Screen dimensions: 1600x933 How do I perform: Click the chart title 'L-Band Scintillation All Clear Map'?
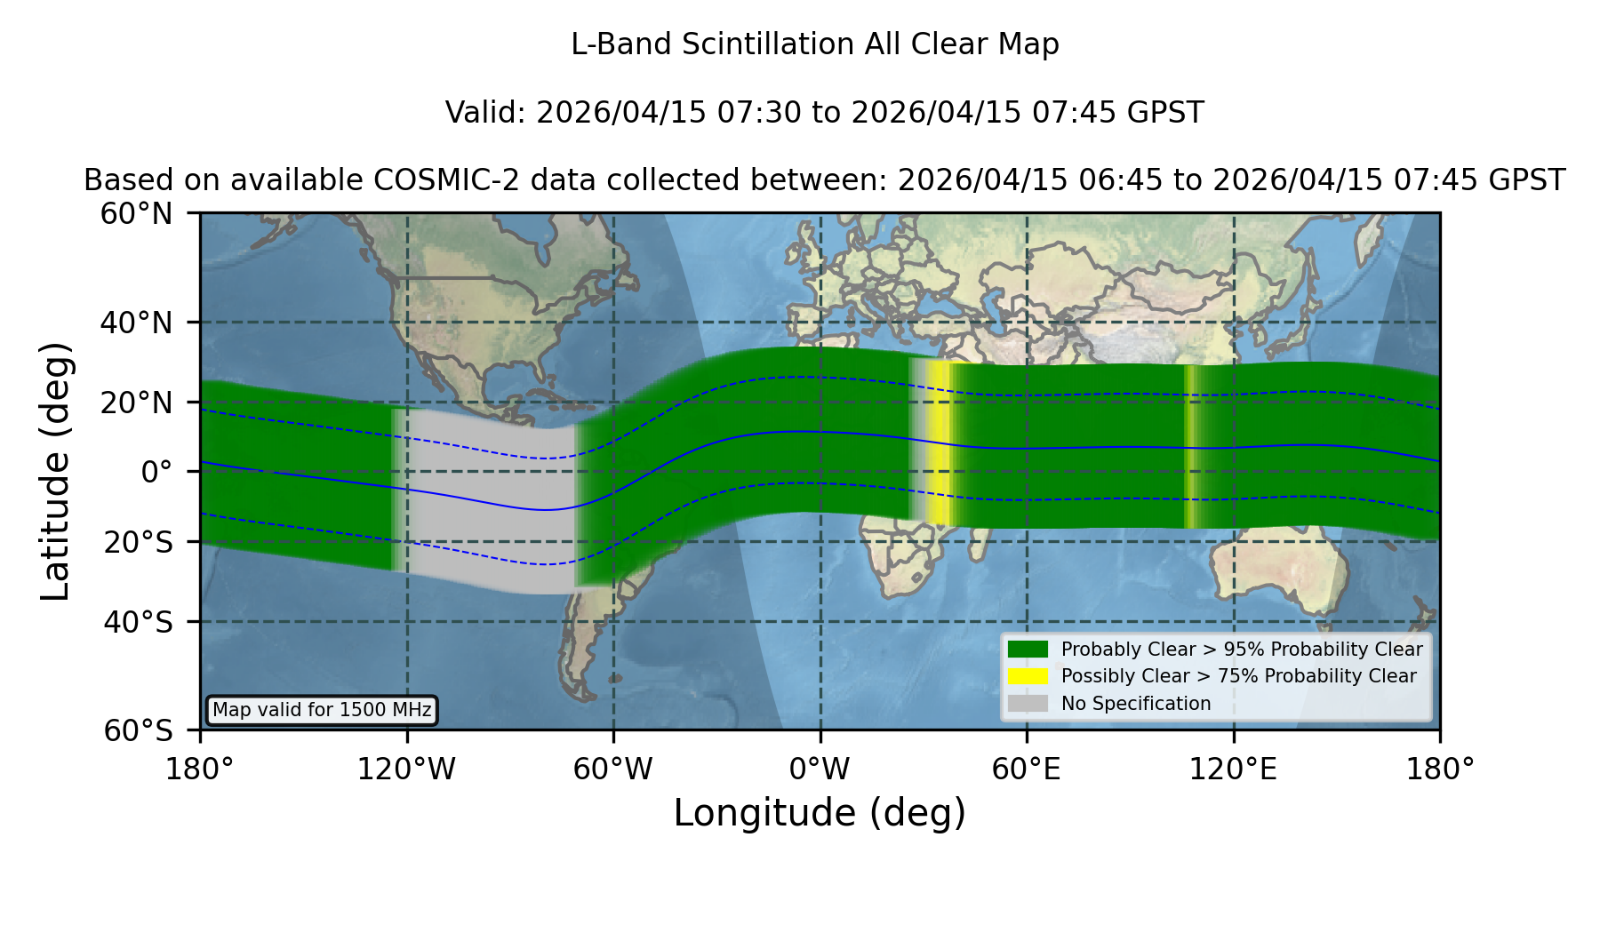(x=814, y=44)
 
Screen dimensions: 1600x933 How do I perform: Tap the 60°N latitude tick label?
(x=137, y=213)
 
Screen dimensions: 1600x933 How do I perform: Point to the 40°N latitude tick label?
(x=137, y=323)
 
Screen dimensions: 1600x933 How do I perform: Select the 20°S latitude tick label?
(x=139, y=542)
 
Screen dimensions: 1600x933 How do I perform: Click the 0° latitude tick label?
(x=157, y=472)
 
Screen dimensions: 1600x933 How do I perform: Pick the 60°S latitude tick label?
(x=139, y=730)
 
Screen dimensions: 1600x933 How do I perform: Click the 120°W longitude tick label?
(x=406, y=769)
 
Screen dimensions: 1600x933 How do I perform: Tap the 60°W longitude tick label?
(x=613, y=769)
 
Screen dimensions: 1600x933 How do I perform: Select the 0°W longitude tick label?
(x=820, y=769)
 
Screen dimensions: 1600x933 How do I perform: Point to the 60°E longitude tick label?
(x=1027, y=769)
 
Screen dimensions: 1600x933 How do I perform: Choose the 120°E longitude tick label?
(x=1233, y=769)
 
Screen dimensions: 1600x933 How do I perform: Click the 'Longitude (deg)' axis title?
(x=820, y=813)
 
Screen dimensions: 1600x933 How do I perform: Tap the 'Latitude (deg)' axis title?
(x=55, y=471)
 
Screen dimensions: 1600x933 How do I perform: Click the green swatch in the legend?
(x=1028, y=650)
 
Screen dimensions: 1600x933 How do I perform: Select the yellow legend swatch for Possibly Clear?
(x=1028, y=676)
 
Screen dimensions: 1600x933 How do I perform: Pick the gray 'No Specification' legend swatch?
(x=1028, y=704)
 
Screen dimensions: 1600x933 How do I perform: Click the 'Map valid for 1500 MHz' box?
(x=322, y=710)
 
